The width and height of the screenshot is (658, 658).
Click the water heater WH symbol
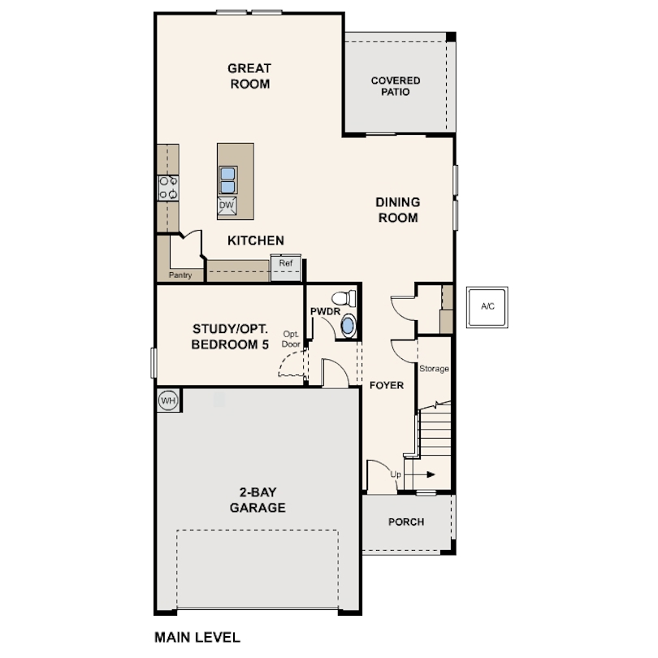click(168, 400)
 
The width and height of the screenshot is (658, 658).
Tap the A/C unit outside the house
click(487, 307)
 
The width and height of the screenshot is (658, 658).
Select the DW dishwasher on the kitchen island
click(227, 206)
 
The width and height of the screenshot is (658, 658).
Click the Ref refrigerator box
click(286, 267)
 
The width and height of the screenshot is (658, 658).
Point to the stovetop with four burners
click(168, 188)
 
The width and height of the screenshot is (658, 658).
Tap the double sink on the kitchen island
click(228, 180)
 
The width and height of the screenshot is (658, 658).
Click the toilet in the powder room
click(344, 298)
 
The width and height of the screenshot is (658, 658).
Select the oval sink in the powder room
click(348, 326)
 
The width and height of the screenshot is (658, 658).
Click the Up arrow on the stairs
click(419, 474)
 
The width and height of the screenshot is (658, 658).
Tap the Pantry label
click(180, 275)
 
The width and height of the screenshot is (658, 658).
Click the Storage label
click(434, 369)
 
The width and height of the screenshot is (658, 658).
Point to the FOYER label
click(387, 385)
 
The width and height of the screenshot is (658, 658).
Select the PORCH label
click(406, 522)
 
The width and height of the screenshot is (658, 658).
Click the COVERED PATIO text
click(396, 86)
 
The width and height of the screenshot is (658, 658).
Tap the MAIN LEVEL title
click(197, 638)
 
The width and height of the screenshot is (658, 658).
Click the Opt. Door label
click(291, 339)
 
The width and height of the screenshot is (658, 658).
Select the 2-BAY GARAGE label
click(258, 500)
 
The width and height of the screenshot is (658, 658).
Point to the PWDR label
click(325, 311)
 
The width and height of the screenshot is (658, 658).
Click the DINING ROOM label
click(398, 210)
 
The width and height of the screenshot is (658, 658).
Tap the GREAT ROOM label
click(249, 76)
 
